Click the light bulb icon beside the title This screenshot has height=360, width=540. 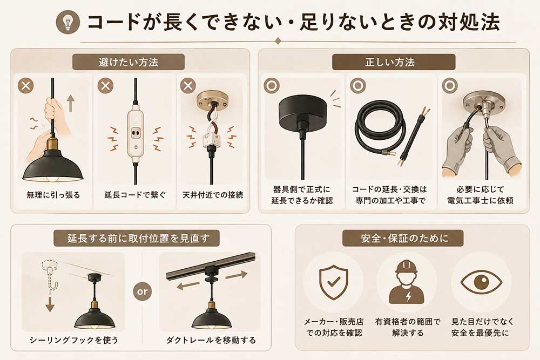pos(68,22)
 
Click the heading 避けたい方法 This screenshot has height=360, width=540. pos(129,62)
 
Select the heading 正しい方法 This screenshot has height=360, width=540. pos(390,62)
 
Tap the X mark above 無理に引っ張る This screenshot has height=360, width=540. pos(26,86)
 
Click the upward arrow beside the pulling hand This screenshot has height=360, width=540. pos(71,104)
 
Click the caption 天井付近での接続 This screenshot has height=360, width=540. pos(212,195)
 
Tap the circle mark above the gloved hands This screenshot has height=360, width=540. pos(450,86)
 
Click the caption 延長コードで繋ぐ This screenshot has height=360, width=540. pos(135,195)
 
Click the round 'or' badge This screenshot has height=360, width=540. pos(142,291)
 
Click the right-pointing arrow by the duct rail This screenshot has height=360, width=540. pos(237,275)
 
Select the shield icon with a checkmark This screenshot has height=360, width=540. pos(334,282)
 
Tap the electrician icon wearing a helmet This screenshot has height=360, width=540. pos(407,282)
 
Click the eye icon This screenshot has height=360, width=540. pos(481,282)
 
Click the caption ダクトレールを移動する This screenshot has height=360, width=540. pos(211,341)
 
